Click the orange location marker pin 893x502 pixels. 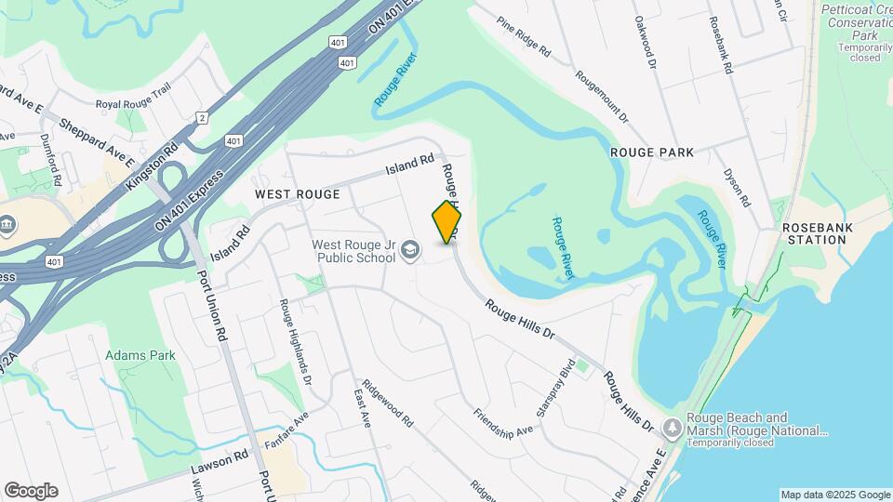447,222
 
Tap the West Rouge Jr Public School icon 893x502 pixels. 410,250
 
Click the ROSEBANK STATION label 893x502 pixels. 815,232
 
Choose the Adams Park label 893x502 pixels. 140,355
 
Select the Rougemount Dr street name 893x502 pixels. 601,98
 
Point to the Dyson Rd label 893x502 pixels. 737,186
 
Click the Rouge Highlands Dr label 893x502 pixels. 292,342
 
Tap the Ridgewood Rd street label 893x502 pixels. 388,403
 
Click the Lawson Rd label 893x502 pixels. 220,456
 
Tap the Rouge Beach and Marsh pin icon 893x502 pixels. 672,429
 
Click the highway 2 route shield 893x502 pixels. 201,117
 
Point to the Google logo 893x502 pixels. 31,491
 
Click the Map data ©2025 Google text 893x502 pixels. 834,495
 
